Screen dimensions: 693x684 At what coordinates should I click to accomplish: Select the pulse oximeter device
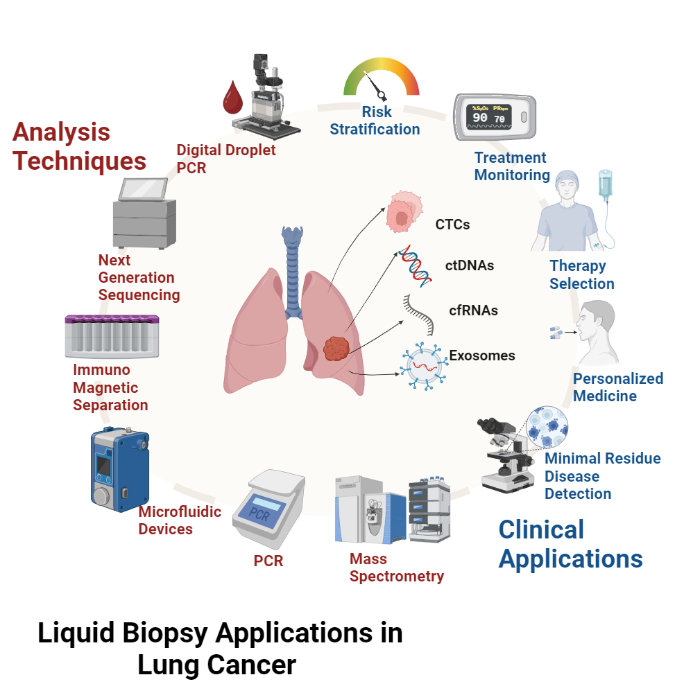point(495,118)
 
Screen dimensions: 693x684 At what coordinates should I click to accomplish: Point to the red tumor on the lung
point(339,349)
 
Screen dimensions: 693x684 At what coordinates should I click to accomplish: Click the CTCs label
point(452,225)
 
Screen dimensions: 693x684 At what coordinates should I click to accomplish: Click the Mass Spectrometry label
point(396,568)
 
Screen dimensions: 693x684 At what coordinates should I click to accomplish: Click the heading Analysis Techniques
point(80,146)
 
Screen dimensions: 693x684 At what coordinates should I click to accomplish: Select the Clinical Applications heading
point(570,544)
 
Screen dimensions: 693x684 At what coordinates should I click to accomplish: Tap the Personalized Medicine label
point(617,387)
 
